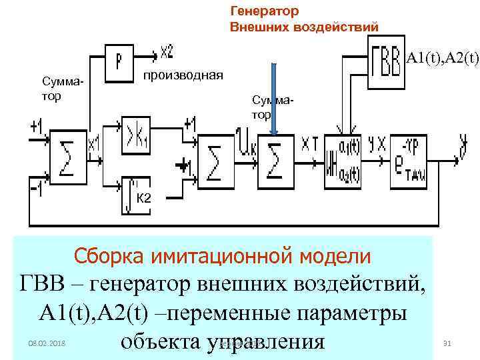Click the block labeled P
click(x=118, y=61)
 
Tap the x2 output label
click(x=167, y=51)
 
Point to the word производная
click(x=184, y=73)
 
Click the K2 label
click(x=143, y=198)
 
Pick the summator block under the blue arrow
click(x=274, y=161)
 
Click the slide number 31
click(x=447, y=343)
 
